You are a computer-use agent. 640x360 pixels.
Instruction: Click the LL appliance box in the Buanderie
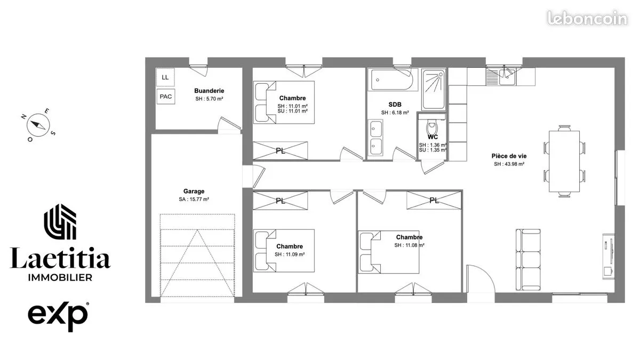click(165, 77)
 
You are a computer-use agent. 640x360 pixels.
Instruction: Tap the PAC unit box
click(166, 97)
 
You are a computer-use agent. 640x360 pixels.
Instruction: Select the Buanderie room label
click(209, 91)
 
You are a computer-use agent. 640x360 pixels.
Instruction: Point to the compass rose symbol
click(38, 125)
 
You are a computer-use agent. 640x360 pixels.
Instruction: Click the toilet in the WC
click(431, 127)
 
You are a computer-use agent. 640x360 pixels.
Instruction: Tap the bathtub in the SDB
click(391, 79)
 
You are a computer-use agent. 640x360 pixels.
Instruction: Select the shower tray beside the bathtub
click(434, 89)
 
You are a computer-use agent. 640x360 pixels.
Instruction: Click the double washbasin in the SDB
click(375, 138)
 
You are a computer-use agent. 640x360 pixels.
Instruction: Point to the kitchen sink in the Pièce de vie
click(507, 77)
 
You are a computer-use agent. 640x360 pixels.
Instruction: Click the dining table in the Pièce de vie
click(564, 161)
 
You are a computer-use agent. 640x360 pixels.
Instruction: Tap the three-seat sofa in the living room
click(528, 260)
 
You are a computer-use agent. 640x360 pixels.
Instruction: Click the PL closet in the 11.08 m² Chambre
click(434, 201)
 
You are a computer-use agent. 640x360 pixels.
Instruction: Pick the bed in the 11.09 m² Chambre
click(284, 251)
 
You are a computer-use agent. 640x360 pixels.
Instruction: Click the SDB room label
click(395, 105)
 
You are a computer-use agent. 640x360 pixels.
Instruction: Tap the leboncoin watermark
click(587, 18)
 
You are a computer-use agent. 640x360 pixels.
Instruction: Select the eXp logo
click(58, 316)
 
